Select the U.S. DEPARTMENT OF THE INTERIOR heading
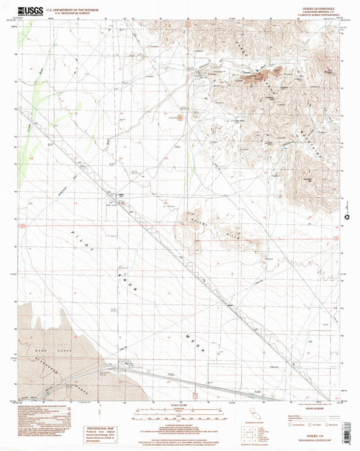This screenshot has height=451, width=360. point(74,7)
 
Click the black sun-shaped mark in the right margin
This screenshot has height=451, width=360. point(349,219)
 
